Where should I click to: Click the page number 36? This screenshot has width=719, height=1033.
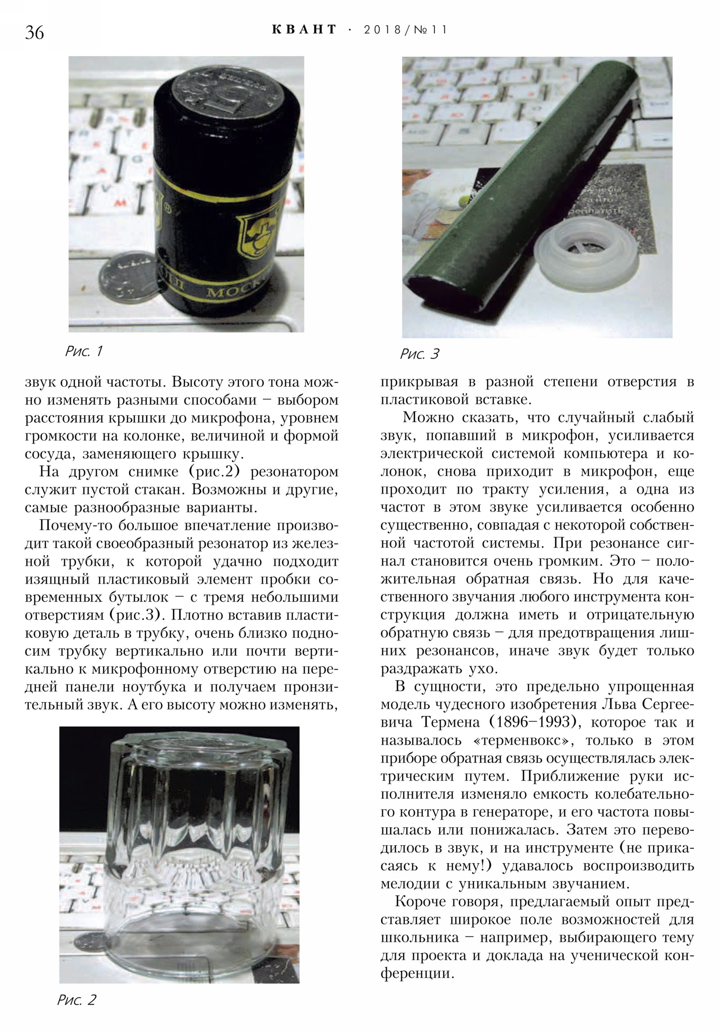click(x=34, y=32)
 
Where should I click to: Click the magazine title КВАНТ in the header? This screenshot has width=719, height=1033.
click(x=304, y=30)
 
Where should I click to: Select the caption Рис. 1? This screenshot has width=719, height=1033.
click(x=84, y=351)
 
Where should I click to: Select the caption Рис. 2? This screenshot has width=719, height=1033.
click(x=76, y=1012)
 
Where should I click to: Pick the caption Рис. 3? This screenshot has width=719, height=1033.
click(x=419, y=354)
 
